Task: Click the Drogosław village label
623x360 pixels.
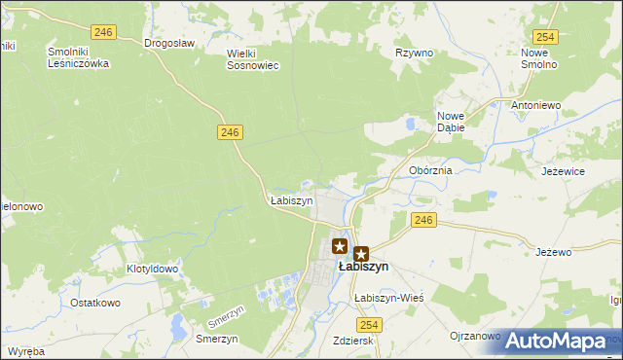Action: (x=169, y=44)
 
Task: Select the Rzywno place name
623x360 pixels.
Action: (x=414, y=53)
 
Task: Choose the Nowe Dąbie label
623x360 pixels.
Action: (x=450, y=120)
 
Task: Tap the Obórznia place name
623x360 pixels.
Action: (x=430, y=170)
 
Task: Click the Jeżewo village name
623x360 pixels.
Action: (x=553, y=252)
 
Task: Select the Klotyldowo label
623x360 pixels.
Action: (x=152, y=269)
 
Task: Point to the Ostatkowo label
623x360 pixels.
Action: (x=94, y=303)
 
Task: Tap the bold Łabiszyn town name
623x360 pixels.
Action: (x=363, y=267)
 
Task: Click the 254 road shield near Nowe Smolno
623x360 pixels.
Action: (x=545, y=37)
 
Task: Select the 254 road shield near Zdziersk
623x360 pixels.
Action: (x=368, y=323)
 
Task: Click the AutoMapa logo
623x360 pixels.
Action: (x=556, y=342)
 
